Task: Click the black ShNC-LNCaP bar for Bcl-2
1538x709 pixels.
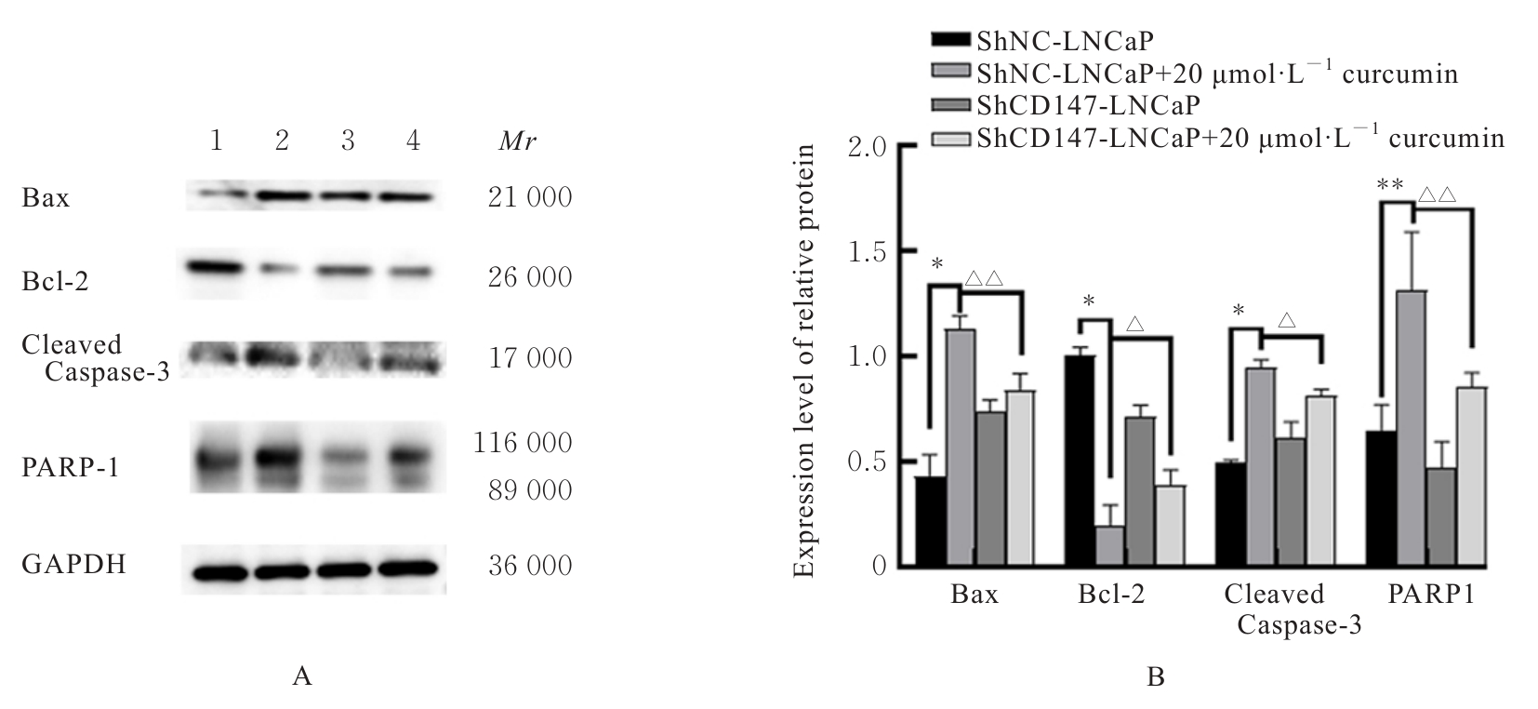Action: pos(1080,461)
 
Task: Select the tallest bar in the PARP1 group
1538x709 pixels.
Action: pos(1411,428)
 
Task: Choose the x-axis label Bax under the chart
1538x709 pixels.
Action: pos(975,595)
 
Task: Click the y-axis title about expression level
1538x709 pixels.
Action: pos(805,361)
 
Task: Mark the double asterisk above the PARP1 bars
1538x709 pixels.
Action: pos(1390,184)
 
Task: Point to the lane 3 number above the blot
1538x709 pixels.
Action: pos(348,140)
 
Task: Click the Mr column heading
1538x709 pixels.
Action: pos(517,141)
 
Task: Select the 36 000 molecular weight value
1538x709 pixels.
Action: pos(530,566)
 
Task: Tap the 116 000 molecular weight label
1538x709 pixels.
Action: pos(523,443)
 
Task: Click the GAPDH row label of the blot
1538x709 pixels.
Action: pos(74,564)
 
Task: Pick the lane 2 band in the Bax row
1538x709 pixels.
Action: pos(282,196)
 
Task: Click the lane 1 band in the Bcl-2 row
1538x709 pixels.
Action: pos(215,267)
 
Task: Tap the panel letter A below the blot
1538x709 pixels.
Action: pos(301,676)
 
